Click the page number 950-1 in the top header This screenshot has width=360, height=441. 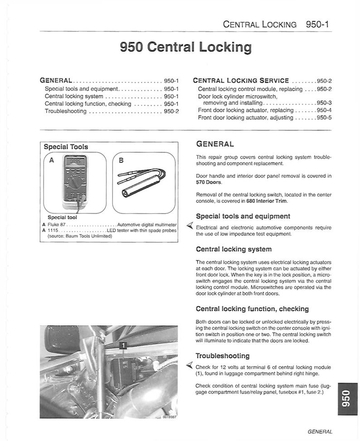[317, 24]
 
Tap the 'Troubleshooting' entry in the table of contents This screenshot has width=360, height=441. [66, 111]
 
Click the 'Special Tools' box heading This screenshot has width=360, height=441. [66, 147]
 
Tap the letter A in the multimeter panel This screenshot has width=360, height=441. [51, 160]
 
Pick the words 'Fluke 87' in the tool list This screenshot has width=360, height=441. [57, 225]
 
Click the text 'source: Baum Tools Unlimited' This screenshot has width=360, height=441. [80, 236]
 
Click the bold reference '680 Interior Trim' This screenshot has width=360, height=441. [260, 201]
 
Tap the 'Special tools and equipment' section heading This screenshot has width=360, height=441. [243, 216]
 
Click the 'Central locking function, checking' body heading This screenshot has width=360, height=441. [252, 309]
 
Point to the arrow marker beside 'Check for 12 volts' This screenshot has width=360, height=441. [190, 366]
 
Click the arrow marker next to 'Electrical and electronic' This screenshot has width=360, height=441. [190, 226]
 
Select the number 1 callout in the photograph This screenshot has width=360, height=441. [123, 346]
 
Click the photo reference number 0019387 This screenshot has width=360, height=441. [169, 416]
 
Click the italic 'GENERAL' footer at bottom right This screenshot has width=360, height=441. [320, 432]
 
